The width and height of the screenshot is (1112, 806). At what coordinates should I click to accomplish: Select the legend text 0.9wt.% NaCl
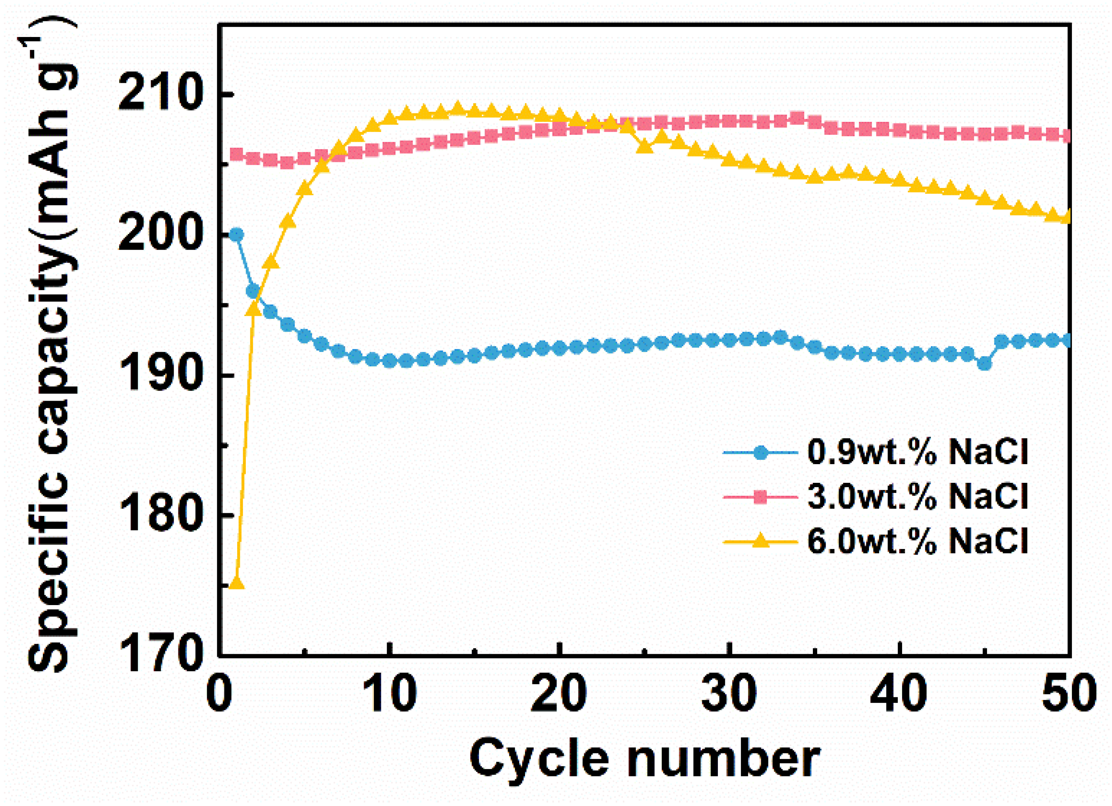tap(917, 452)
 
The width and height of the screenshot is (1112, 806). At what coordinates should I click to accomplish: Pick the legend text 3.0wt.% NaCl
tap(917, 496)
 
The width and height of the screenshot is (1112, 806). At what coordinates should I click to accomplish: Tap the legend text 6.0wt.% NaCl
tap(917, 541)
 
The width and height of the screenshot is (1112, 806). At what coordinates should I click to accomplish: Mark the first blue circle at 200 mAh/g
tap(236, 234)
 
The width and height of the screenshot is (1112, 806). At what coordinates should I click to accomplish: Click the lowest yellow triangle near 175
tap(237, 583)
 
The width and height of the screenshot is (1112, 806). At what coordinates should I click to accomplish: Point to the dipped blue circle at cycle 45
tap(984, 364)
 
